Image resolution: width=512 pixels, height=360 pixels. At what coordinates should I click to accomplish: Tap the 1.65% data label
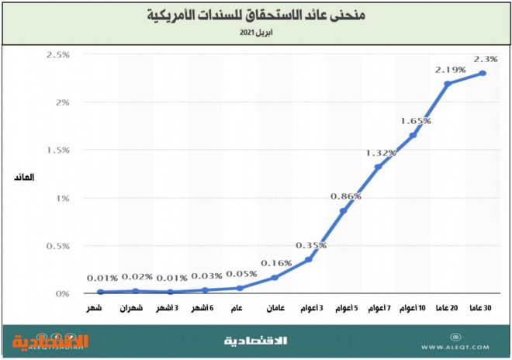pyautogui.click(x=415, y=121)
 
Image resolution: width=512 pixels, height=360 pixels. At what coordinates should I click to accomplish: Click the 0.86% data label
pyautogui.click(x=344, y=196)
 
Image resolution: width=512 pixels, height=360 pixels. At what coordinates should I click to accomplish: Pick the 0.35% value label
pyautogui.click(x=310, y=245)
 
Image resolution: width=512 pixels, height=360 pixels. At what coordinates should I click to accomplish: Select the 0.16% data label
pyautogui.click(x=275, y=263)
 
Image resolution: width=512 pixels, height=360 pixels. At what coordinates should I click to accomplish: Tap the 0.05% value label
pyautogui.click(x=240, y=274)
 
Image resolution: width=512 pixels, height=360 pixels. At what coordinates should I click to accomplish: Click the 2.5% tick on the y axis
pyautogui.click(x=58, y=55)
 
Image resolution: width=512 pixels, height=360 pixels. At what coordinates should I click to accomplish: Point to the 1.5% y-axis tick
pyautogui.click(x=58, y=151)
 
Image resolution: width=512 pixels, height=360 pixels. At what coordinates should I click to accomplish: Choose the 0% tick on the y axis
pyautogui.click(x=61, y=294)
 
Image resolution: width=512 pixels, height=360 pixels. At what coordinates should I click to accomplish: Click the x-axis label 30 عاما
pyautogui.click(x=483, y=310)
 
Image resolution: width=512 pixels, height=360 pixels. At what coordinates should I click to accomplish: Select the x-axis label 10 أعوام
pyautogui.click(x=413, y=310)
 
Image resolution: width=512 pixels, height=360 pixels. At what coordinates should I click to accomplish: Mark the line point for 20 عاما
pyautogui.click(x=448, y=84)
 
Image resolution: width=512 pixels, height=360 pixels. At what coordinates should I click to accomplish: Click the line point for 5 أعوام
pyautogui.click(x=344, y=211)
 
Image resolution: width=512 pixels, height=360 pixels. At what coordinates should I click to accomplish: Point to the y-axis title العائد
pyautogui.click(x=25, y=178)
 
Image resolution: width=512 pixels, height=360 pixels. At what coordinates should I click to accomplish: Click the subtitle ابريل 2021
pyautogui.click(x=257, y=33)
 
